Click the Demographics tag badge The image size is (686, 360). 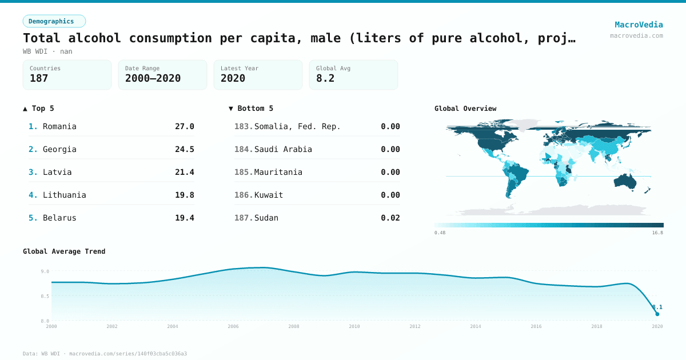pos(54,21)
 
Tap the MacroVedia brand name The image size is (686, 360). pos(639,25)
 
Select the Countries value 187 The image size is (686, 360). pos(39,78)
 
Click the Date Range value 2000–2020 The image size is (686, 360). pos(153,78)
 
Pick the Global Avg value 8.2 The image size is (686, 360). pos(325,78)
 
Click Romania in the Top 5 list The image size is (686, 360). pos(59,126)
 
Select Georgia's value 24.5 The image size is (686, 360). pos(184,149)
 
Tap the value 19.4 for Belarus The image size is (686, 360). pos(184,218)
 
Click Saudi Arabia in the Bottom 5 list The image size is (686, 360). pos(283,149)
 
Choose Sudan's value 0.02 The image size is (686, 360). pos(390,218)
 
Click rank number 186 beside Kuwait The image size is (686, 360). pos(243,195)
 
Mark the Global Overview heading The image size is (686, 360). pos(465,109)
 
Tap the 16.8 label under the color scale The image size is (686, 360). pos(657,233)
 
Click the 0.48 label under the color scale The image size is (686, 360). pos(440,233)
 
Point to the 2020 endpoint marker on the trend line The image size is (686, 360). pos(657,314)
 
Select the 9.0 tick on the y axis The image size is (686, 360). pos(45,271)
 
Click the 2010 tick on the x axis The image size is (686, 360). pos(354,326)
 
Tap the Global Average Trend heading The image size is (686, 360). pos(64,251)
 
